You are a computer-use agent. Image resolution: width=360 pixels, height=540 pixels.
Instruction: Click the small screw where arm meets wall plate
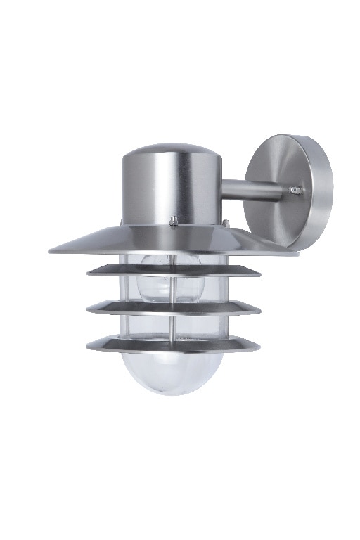click(x=295, y=191)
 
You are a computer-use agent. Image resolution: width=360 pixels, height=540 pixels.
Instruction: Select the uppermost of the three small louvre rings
click(x=173, y=270)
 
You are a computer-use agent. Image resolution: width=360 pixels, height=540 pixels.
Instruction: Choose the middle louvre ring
click(x=173, y=308)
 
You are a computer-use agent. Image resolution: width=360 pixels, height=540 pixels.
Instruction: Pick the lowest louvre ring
click(x=173, y=345)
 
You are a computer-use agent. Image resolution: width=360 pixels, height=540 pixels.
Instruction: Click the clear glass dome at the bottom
click(x=173, y=373)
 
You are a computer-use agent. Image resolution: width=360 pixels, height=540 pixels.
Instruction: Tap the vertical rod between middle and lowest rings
click(x=174, y=326)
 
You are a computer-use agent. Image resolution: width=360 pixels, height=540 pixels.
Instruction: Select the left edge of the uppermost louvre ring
click(x=89, y=269)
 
